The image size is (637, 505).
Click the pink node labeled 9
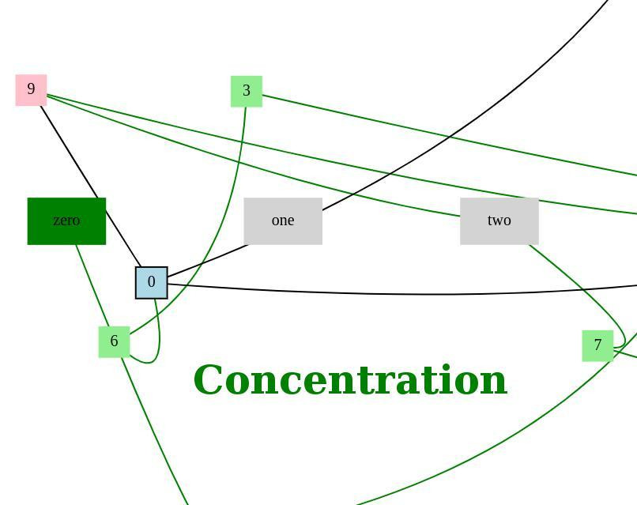coord(31,90)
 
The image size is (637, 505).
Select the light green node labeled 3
coord(246,92)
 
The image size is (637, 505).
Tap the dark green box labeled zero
coord(66,221)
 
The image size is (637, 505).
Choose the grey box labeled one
coord(282,221)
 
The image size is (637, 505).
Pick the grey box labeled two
coord(499,221)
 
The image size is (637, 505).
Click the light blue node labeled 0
coord(151,283)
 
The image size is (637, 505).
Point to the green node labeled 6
coord(114,341)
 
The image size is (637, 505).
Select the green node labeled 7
coord(597,345)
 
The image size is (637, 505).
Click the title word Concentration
coord(349,380)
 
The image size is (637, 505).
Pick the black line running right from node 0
coord(395,293)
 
